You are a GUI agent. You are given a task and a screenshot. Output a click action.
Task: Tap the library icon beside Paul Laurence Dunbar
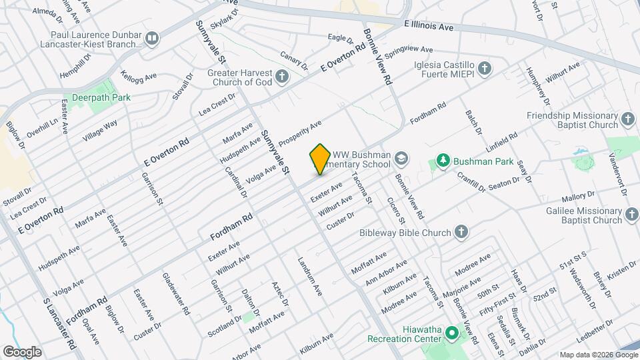[x=153, y=38]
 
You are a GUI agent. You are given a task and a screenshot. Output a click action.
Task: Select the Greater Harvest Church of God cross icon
[x=282, y=77]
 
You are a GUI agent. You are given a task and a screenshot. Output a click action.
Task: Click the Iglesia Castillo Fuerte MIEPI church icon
[x=485, y=68]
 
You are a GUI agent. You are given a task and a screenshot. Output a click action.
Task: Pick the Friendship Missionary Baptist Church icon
[x=627, y=119]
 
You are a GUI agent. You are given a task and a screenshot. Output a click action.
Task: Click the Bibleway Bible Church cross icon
[x=460, y=232]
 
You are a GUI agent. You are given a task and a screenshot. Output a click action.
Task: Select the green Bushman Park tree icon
[x=442, y=161]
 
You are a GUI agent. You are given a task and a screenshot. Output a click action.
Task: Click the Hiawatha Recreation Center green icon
[x=451, y=332]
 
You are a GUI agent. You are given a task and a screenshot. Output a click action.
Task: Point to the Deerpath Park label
[x=101, y=97]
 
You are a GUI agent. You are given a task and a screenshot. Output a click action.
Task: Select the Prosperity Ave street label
[x=300, y=133]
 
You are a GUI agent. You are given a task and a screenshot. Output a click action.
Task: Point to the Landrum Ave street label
[x=310, y=277]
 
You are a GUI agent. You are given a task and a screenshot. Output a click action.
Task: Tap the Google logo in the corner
[x=22, y=351]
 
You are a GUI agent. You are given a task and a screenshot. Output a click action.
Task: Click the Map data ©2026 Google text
[x=597, y=354]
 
